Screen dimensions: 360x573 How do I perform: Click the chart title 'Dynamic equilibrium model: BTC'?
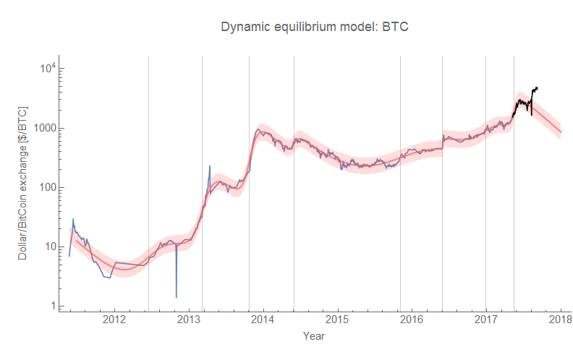[x=315, y=27]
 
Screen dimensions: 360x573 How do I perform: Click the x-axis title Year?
[x=314, y=336]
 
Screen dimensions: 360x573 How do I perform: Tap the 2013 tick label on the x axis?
[x=189, y=320]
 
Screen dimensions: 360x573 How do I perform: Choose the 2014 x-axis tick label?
[x=263, y=320]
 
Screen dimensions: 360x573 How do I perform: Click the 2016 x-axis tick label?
[x=412, y=320]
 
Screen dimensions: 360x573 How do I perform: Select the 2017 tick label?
[x=486, y=320]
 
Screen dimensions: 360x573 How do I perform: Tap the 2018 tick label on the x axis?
[x=561, y=320]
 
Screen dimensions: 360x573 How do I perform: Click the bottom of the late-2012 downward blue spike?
[x=176, y=296]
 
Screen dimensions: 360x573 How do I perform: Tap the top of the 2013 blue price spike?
[x=210, y=166]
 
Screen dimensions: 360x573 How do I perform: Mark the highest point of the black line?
[x=536, y=87]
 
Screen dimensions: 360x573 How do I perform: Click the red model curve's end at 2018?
[x=561, y=132]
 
